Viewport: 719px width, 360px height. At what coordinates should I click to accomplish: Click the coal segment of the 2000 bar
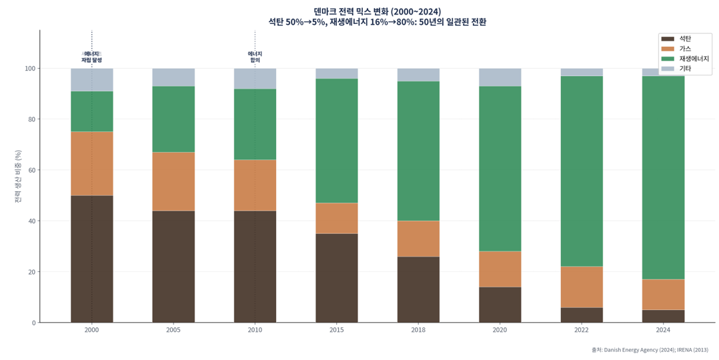click(91, 259)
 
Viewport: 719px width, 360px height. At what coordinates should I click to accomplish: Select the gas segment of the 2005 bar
click(173, 181)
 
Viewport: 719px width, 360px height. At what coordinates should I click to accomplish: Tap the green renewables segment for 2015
click(336, 141)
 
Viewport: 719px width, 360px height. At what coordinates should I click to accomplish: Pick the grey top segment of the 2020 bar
click(500, 77)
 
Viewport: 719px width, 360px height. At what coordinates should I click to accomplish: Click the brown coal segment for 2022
click(581, 315)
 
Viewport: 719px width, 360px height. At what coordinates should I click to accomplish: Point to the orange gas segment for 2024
click(663, 294)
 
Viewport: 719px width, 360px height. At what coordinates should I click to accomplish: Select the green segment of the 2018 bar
click(418, 151)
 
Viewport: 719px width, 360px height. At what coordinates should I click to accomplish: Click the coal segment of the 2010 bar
click(255, 266)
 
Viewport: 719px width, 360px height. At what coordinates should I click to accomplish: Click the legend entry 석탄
click(684, 39)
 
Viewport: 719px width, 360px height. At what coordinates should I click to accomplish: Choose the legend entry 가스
click(684, 49)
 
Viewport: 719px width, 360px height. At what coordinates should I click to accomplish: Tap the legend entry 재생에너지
click(694, 59)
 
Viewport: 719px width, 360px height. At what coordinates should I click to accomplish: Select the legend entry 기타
click(684, 69)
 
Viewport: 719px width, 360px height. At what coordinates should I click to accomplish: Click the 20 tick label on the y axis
click(31, 272)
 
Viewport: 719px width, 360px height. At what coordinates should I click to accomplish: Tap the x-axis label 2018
click(418, 330)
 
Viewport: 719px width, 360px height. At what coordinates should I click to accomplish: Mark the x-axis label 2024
click(663, 330)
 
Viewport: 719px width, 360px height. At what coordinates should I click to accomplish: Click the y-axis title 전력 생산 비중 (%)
click(18, 176)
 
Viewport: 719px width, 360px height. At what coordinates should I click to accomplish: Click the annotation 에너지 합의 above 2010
click(255, 57)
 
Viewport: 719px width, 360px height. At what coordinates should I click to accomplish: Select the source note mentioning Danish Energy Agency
click(649, 349)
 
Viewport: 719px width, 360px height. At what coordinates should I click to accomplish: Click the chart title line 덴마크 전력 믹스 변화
click(377, 11)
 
